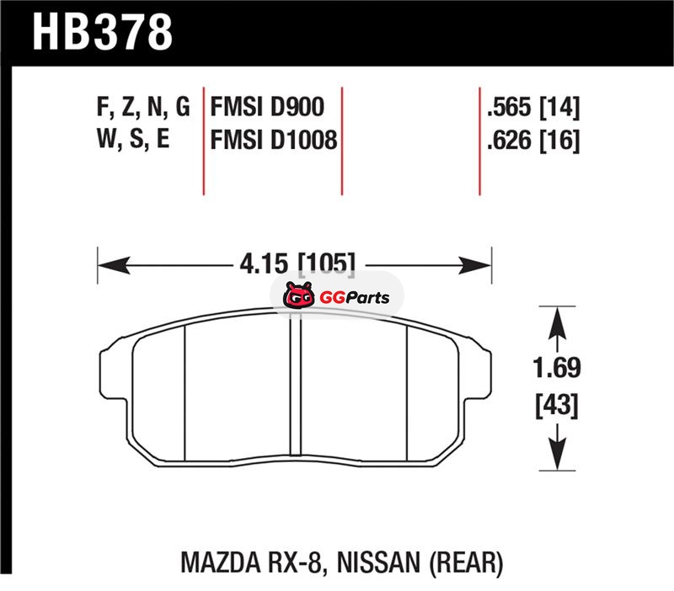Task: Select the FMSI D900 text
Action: point(267,107)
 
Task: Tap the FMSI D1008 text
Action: point(274,140)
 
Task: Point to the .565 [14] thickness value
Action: point(533,107)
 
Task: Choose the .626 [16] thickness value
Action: point(533,140)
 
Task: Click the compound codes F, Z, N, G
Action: point(143,108)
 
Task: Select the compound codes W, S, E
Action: point(133,139)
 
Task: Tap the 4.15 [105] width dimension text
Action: point(298,263)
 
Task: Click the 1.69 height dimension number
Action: point(557,368)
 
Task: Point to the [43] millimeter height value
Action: point(557,405)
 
